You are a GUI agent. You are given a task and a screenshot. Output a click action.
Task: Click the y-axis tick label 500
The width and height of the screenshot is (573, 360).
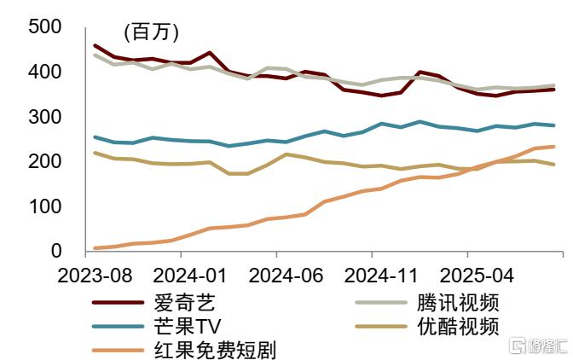(x=44, y=27)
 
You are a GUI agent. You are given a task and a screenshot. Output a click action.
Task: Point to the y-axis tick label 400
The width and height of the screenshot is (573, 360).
(x=44, y=73)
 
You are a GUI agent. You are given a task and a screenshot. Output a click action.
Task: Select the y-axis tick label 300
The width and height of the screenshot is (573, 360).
(x=44, y=117)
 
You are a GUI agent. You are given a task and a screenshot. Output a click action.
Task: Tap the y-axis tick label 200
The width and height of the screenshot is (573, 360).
(x=44, y=162)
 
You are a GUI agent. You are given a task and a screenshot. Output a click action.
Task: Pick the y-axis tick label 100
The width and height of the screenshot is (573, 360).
(x=44, y=206)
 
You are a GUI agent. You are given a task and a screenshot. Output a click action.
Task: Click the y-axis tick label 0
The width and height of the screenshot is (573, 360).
(x=56, y=252)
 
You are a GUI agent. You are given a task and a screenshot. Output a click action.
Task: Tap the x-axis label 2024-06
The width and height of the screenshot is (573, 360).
(x=276, y=276)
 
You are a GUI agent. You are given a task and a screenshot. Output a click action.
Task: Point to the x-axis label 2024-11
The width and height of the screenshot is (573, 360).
(x=372, y=276)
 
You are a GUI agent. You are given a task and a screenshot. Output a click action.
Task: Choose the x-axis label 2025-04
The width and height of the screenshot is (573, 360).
(x=467, y=276)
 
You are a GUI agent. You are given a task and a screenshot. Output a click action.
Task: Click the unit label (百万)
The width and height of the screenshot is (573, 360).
(x=152, y=33)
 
